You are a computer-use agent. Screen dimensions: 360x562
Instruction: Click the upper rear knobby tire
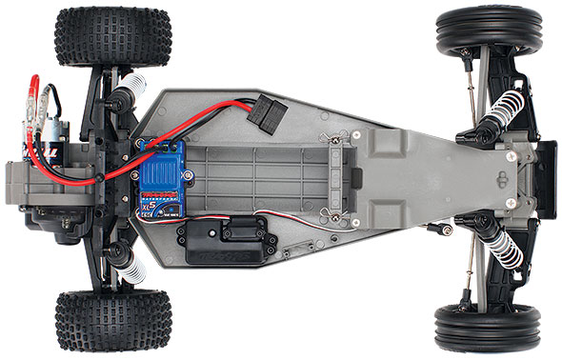[x=112, y=36]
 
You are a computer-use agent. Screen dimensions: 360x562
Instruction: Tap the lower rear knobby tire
[x=112, y=321]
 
